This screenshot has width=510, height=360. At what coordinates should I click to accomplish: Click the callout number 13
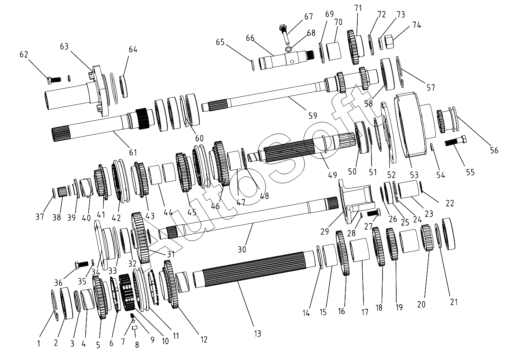click(257, 334)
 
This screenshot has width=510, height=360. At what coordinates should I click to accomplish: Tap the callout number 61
click(133, 152)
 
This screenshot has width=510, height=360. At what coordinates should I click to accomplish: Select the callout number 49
click(333, 175)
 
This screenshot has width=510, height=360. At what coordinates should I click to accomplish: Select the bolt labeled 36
click(82, 265)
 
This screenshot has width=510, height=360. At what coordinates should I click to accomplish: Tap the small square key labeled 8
click(136, 328)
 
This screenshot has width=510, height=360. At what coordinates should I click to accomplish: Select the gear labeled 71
click(354, 47)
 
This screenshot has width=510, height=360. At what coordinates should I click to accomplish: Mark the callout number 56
click(494, 150)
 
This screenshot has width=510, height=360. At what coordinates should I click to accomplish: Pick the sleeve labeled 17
click(359, 252)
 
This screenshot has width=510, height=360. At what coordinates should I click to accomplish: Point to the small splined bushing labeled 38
click(62, 192)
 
